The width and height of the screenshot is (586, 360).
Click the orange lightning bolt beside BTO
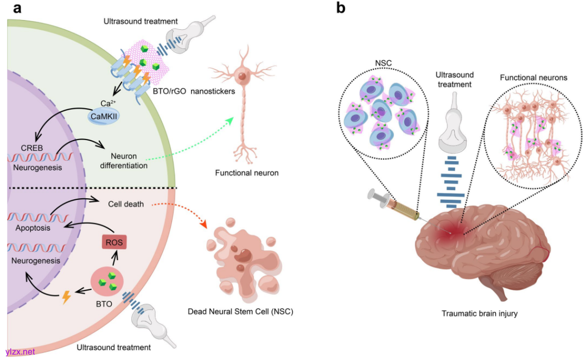pos(66,297)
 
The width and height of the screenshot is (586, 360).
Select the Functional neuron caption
pos(239,173)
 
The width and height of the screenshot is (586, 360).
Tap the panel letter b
pos(341,8)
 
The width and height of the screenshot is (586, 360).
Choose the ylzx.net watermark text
pos(20,351)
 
